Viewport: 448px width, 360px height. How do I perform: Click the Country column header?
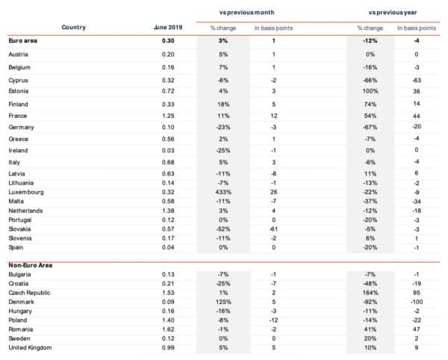(73, 28)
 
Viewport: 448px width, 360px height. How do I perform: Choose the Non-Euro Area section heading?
(31, 264)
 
